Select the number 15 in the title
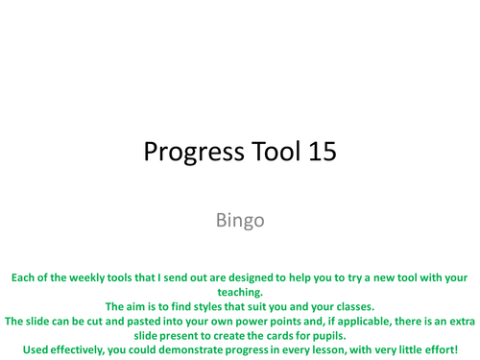319,152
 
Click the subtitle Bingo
240,220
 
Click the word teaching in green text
236,292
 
